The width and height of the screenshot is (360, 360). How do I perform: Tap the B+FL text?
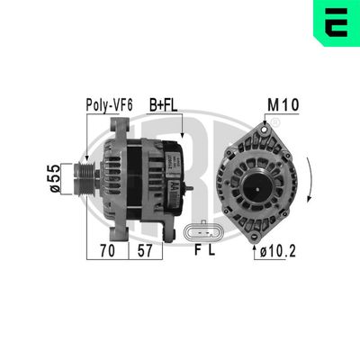click(163, 105)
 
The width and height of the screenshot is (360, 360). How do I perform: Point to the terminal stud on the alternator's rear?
click(188, 187)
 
